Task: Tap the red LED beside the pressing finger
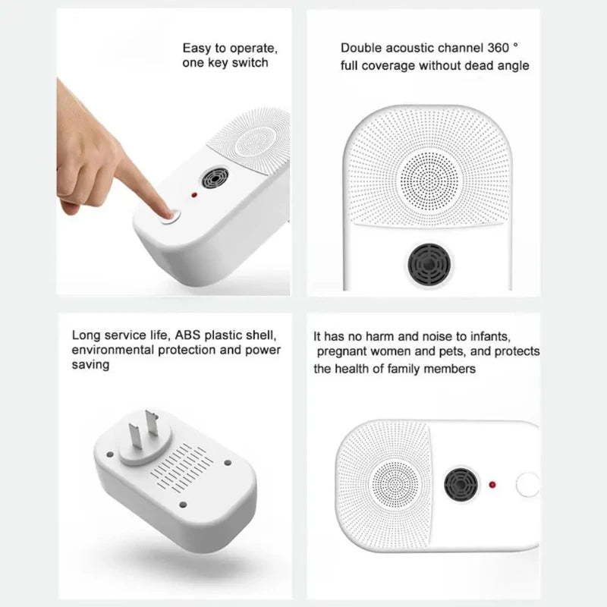194,195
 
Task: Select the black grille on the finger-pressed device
213,180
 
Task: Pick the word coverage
389,66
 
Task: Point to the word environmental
113,350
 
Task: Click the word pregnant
343,352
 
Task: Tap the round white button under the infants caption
527,485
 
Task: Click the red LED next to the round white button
492,483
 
